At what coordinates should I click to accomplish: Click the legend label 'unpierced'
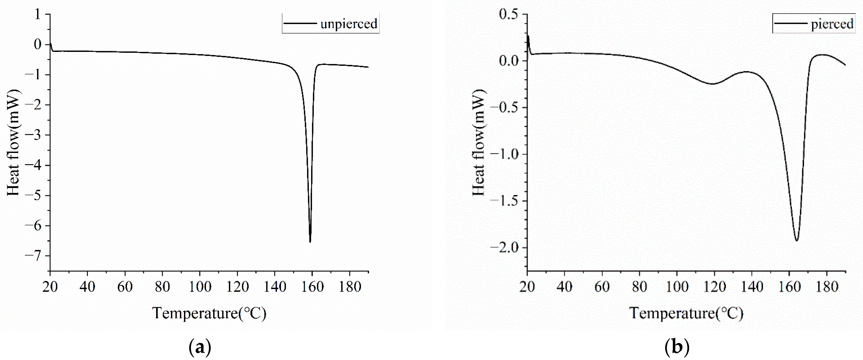pos(349,24)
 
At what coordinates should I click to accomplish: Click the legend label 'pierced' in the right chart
pos(832,24)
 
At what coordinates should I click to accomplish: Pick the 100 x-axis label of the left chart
pos(200,287)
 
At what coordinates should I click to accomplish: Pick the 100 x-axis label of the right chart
pos(677,287)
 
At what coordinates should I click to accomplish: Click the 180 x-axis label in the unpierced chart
pos(350,287)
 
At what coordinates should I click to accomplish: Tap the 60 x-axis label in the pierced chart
pos(602,287)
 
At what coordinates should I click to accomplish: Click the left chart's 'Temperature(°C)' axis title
pos(209,313)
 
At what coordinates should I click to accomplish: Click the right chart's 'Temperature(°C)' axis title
pos(686,313)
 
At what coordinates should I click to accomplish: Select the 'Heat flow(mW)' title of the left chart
pos(13,143)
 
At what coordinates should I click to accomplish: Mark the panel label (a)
pos(200,348)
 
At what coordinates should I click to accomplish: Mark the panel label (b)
pos(677,348)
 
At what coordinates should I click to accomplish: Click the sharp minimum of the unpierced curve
pos(310,242)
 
